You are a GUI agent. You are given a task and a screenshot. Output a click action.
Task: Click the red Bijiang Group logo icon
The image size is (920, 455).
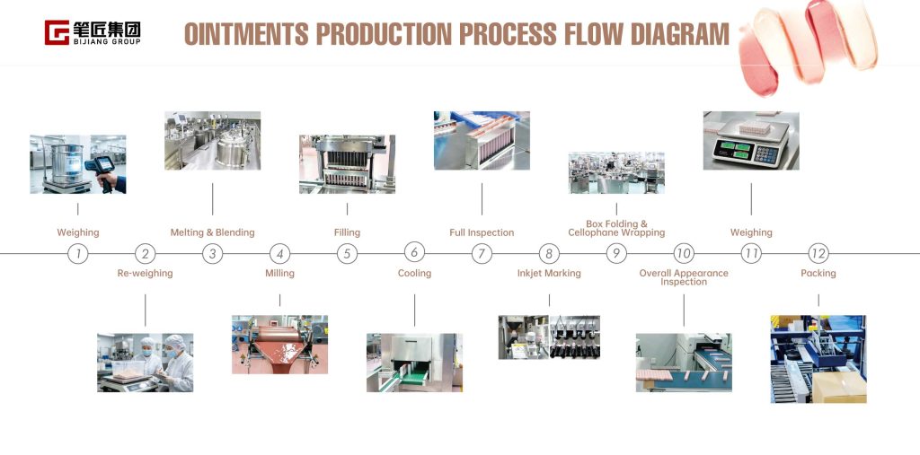click(x=57, y=32)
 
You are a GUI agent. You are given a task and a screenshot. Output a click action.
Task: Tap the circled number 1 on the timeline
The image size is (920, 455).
click(x=78, y=254)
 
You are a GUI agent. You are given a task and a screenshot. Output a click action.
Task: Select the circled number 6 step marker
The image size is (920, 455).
click(x=414, y=253)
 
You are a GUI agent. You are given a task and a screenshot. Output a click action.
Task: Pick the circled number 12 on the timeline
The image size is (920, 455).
click(x=818, y=254)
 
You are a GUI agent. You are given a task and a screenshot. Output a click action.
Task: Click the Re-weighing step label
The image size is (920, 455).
click(x=145, y=273)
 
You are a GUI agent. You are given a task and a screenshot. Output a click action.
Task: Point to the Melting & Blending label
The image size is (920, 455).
click(x=212, y=232)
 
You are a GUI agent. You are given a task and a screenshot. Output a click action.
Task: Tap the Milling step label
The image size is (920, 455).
click(x=280, y=273)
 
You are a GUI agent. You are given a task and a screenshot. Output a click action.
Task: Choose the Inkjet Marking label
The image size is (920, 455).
click(x=549, y=273)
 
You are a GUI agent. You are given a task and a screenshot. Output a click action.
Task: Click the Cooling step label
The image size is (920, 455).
click(x=414, y=273)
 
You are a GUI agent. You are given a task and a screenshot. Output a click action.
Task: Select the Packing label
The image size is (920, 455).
click(x=818, y=273)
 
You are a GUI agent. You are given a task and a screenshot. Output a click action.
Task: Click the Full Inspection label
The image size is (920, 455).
click(x=482, y=232)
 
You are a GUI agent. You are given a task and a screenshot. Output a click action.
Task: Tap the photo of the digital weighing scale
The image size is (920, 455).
click(x=751, y=141)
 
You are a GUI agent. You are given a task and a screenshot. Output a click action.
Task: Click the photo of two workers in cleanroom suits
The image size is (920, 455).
click(x=145, y=363)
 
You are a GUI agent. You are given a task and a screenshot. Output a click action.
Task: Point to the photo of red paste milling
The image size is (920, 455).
click(x=280, y=345)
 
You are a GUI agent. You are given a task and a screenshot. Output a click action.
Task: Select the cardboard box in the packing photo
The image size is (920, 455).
click(x=839, y=387)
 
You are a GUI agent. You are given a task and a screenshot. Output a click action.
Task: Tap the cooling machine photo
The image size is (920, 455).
click(x=414, y=363)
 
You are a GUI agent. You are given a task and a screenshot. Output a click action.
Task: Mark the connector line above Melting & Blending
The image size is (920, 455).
click(x=212, y=199)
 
